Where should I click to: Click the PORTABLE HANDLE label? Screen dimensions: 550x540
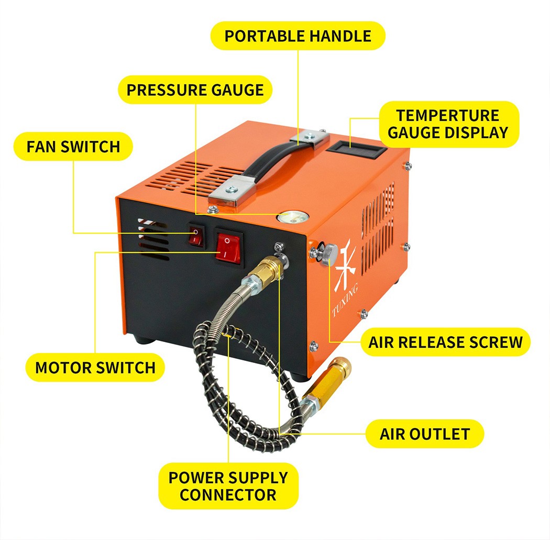298,36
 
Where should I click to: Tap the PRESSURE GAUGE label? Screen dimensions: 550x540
195,90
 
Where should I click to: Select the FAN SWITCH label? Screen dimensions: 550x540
73,147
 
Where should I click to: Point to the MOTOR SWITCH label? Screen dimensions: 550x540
95,368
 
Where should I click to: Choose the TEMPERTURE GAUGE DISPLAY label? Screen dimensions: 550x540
448,124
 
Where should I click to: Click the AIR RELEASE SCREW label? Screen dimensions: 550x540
445,342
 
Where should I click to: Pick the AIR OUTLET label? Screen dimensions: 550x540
425,434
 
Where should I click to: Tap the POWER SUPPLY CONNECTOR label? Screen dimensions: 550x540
228,486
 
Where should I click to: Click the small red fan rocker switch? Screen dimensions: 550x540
196,235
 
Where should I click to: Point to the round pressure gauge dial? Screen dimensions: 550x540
293,217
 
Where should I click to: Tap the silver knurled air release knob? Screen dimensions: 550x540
329,254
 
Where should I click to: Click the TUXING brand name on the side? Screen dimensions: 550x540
345,300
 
